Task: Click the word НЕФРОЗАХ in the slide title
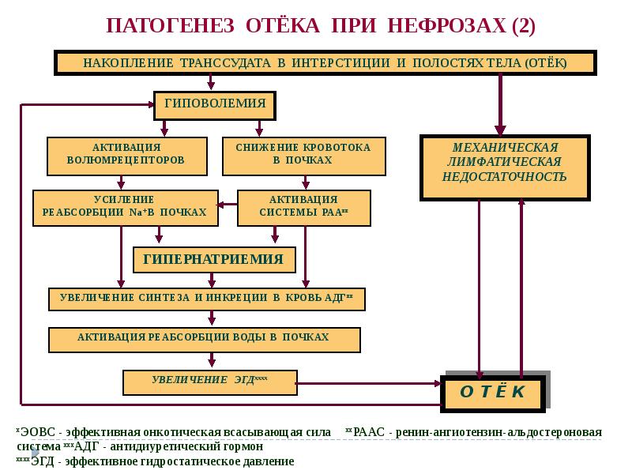pos(446,25)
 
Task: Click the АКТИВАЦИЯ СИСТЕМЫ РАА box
pos(304,206)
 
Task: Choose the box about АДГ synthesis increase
pos(206,298)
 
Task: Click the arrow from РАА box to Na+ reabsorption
pos(228,205)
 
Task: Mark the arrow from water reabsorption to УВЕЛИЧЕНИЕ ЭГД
pos(211,359)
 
